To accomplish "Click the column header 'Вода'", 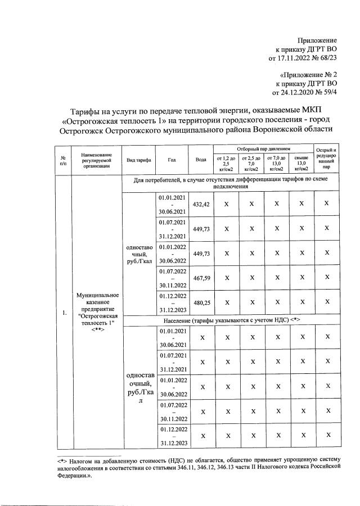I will coord(201,160).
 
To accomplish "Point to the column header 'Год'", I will coord(172,160).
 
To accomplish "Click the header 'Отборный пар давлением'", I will coord(263,147).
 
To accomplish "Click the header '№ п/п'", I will coord(63,160).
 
